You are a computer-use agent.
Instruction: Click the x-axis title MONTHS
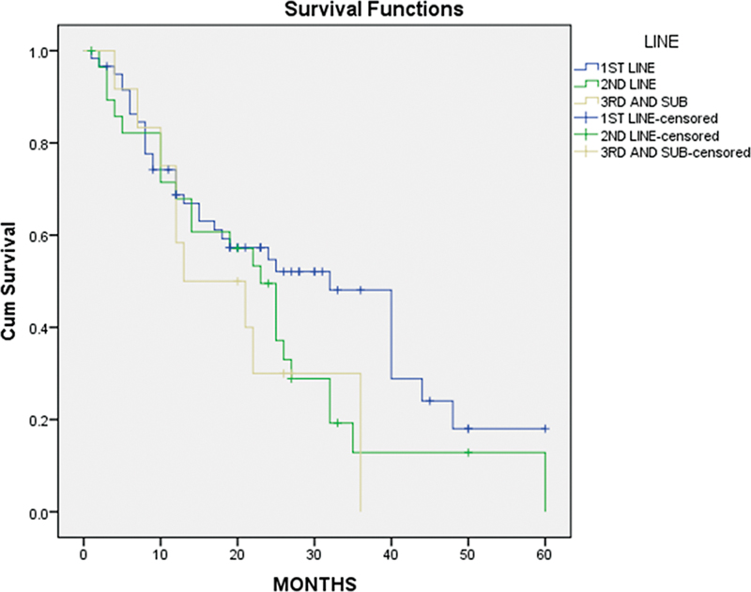(314, 584)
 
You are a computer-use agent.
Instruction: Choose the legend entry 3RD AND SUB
(647, 101)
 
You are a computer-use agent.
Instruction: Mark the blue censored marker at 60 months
(544, 428)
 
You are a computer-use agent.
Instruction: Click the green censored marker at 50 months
(467, 453)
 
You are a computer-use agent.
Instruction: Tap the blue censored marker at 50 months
(467, 428)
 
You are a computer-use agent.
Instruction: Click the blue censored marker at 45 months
(429, 401)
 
